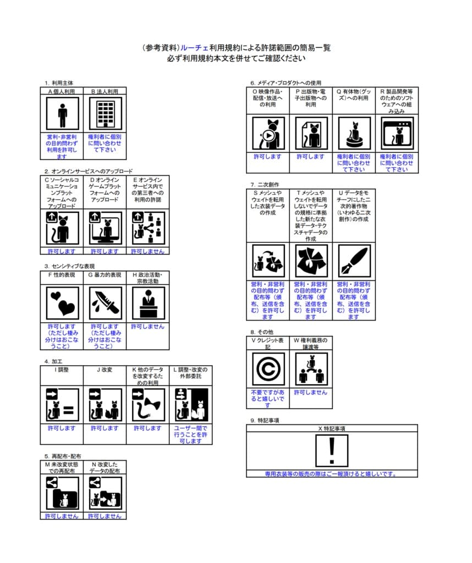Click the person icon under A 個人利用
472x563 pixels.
tap(62, 114)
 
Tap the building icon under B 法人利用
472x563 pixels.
tap(105, 114)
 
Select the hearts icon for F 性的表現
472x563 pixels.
tap(62, 303)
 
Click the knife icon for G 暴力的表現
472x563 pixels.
tap(105, 303)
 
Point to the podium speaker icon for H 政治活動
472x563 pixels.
tap(147, 303)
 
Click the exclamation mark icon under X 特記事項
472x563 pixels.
tap(331, 451)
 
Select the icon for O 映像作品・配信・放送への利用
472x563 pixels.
tap(268, 134)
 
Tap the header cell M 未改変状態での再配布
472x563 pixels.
tap(62, 467)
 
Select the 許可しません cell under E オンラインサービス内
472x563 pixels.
tap(147, 251)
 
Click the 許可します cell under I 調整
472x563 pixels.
tap(62, 428)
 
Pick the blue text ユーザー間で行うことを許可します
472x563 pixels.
tap(190, 434)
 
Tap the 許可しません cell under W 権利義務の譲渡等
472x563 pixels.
tap(311, 393)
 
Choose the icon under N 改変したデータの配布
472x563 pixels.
tap(105, 493)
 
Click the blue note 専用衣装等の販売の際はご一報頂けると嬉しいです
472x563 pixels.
tap(331, 473)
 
